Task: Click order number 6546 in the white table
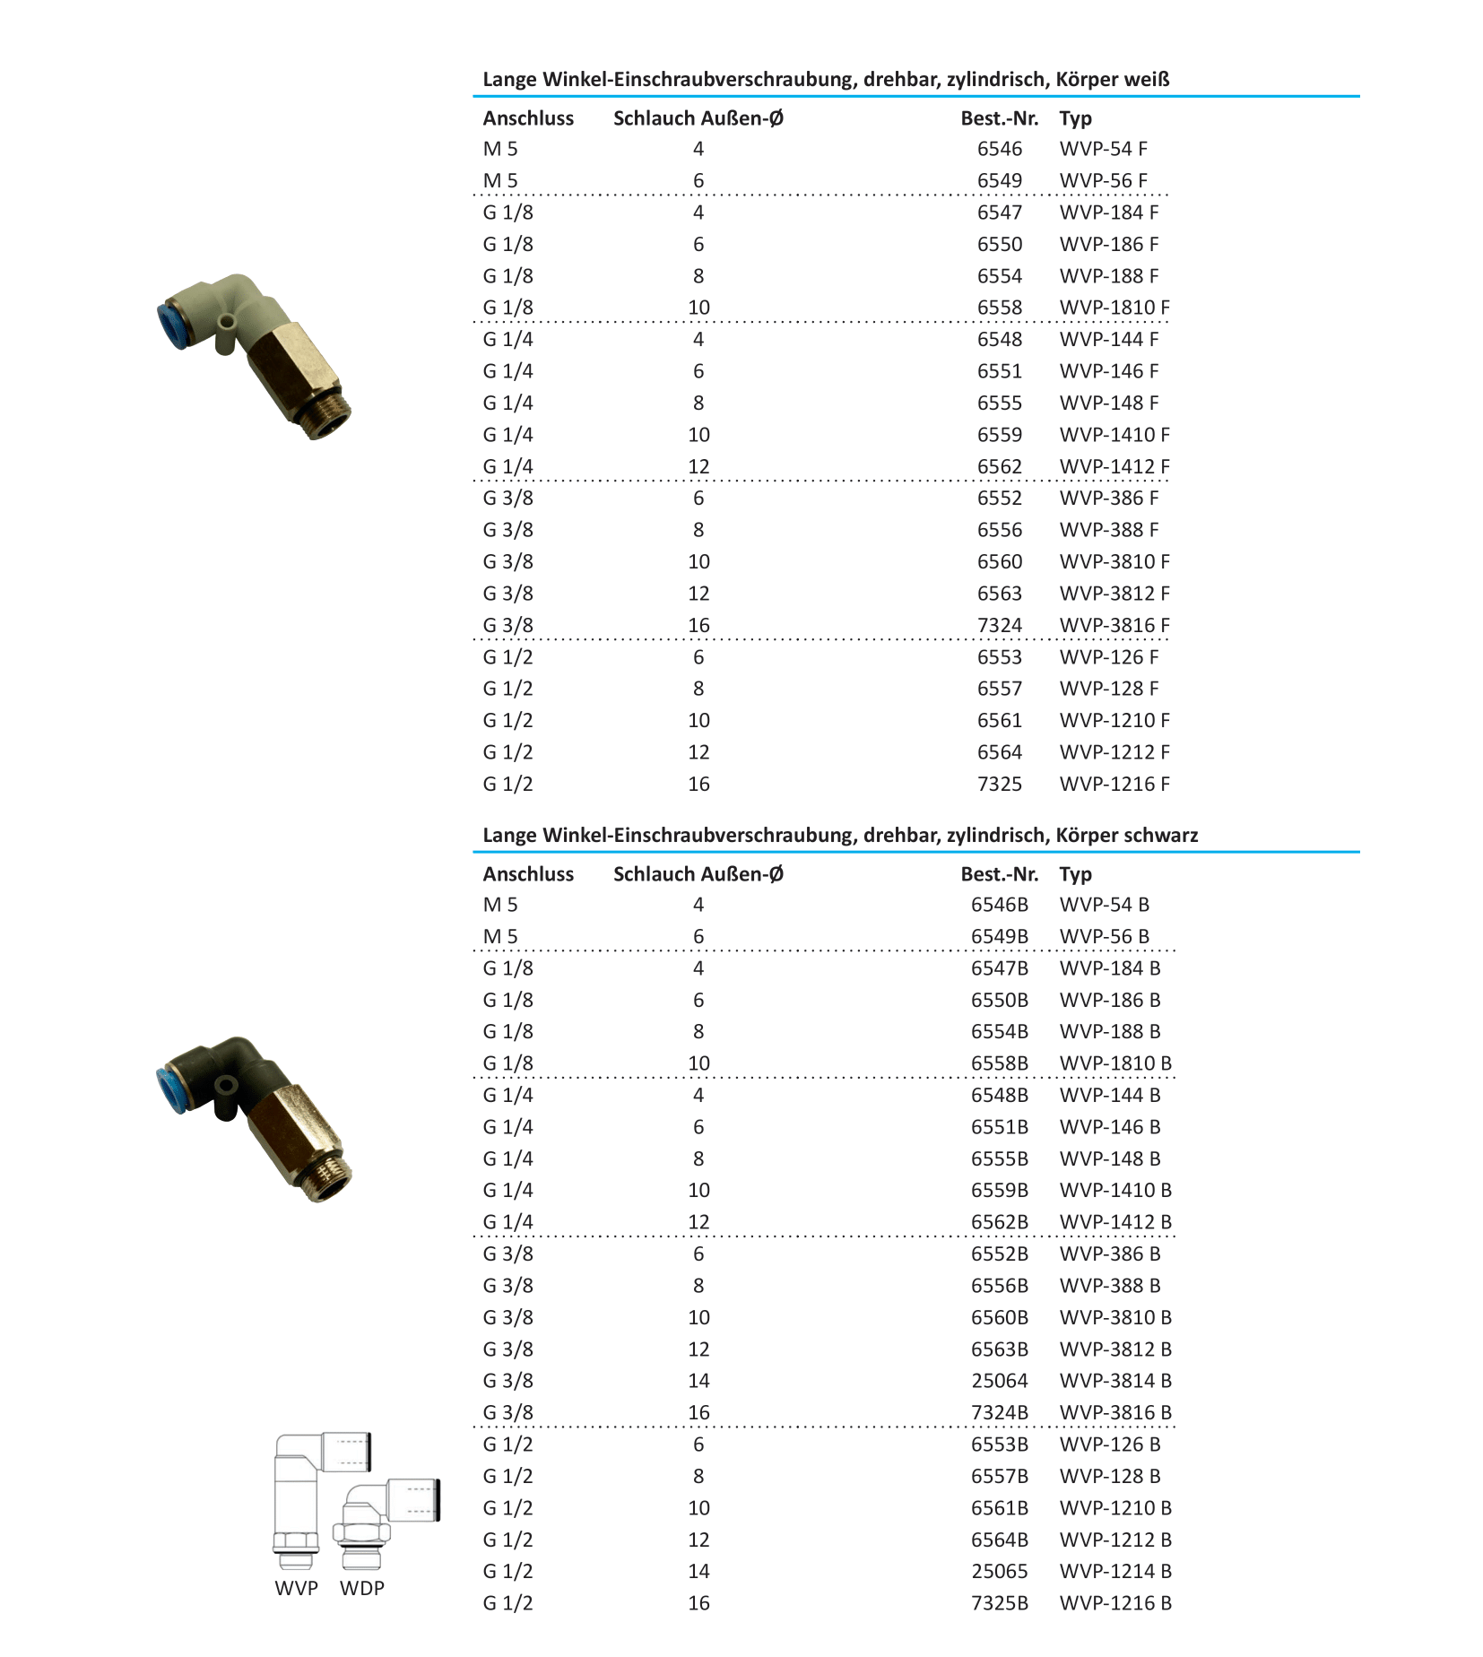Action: (x=999, y=149)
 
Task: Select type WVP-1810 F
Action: (x=1114, y=308)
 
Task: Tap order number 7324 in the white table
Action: (x=999, y=625)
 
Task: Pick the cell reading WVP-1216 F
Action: (x=1114, y=784)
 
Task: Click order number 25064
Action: (x=999, y=1381)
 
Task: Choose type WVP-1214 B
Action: (x=1114, y=1571)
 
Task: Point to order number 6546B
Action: (x=999, y=905)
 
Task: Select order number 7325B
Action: (x=999, y=1602)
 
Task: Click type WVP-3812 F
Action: (x=1114, y=594)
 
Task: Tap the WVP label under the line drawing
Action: (x=296, y=1588)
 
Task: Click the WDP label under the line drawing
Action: (x=361, y=1588)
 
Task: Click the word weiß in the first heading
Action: (x=1149, y=79)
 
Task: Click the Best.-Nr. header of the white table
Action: (x=999, y=118)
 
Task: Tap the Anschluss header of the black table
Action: (x=528, y=874)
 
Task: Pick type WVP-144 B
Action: (x=1109, y=1095)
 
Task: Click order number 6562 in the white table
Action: (x=999, y=466)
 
